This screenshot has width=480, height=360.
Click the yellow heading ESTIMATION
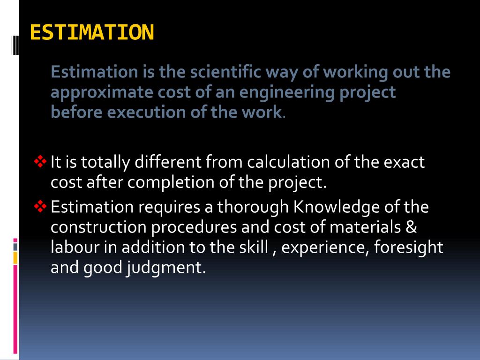[92, 32]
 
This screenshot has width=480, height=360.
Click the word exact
[404, 162]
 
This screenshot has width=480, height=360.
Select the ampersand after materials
[411, 227]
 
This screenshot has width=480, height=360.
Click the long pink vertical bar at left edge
[15, 309]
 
